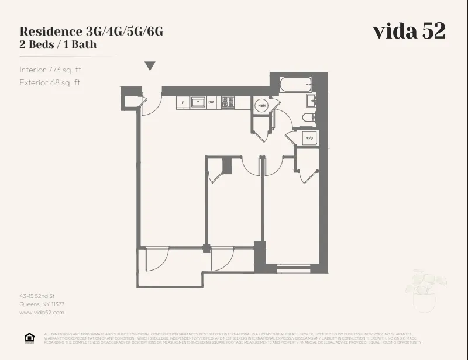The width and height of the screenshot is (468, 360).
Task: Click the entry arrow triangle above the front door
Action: click(x=150, y=66)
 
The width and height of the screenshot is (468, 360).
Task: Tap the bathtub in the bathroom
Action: click(x=295, y=84)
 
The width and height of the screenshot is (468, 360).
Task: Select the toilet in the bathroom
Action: click(x=308, y=118)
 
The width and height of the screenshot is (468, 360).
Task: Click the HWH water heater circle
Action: click(x=261, y=106)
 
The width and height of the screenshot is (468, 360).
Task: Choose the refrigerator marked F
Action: click(x=183, y=103)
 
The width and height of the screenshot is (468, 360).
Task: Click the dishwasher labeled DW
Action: click(x=211, y=103)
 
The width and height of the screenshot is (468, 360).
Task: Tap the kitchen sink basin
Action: click(x=198, y=102)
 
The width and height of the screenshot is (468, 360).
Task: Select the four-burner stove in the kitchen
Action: click(x=227, y=102)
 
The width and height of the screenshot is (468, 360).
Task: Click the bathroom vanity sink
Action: click(x=311, y=101)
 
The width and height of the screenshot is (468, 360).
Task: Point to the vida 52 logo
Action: click(x=409, y=32)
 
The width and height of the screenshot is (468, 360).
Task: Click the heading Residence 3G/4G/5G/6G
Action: click(x=91, y=32)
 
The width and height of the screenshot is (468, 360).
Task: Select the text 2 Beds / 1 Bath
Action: click(x=58, y=44)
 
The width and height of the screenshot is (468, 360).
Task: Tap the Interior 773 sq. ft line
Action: click(x=50, y=70)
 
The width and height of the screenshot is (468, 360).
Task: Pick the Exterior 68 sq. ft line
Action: click(x=50, y=82)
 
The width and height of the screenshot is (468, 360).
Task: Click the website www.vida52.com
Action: click(x=42, y=313)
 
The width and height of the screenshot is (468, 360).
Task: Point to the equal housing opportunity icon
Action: click(x=29, y=338)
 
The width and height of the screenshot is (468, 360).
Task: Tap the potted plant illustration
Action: click(x=423, y=289)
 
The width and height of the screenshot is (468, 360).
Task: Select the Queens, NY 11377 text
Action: click(x=42, y=304)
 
